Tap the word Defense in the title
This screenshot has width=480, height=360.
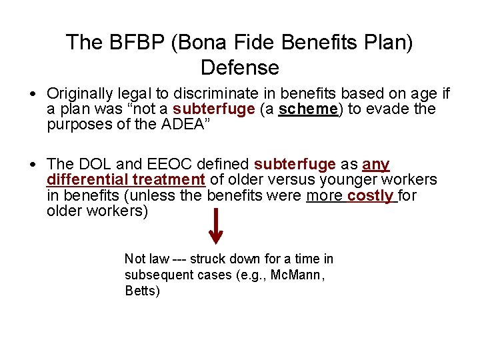[x=239, y=68]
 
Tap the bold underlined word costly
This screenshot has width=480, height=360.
[x=371, y=195]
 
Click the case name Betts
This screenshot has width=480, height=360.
[x=142, y=291]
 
